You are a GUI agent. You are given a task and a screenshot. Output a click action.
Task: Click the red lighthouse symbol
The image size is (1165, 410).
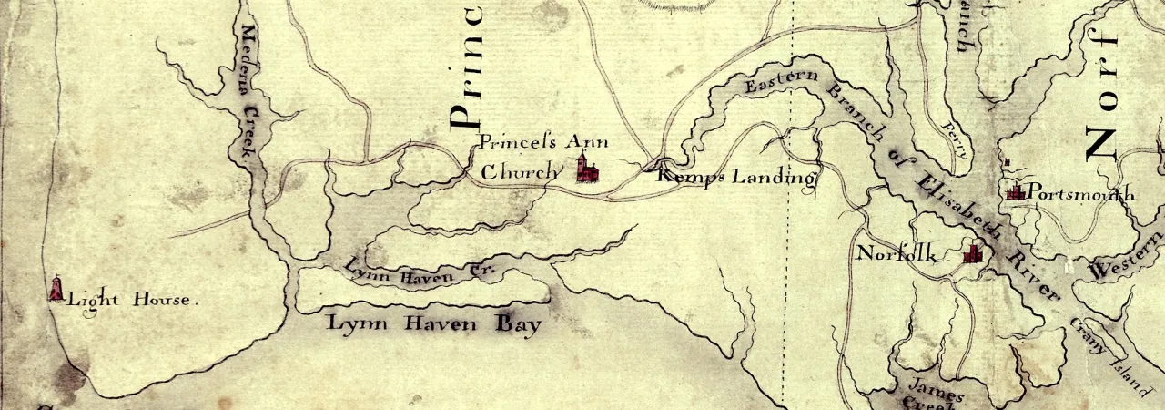[56, 290]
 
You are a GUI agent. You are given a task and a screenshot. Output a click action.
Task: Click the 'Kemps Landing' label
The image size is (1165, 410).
[735, 177]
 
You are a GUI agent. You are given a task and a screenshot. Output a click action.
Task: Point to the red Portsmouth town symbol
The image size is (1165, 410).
[1016, 191]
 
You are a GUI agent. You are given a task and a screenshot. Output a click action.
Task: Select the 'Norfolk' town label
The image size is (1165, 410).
[897, 254]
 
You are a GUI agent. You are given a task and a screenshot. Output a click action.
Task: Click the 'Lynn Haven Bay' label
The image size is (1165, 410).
[434, 323]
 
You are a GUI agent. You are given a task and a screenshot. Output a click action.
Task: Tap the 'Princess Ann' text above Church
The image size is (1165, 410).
[543, 142]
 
